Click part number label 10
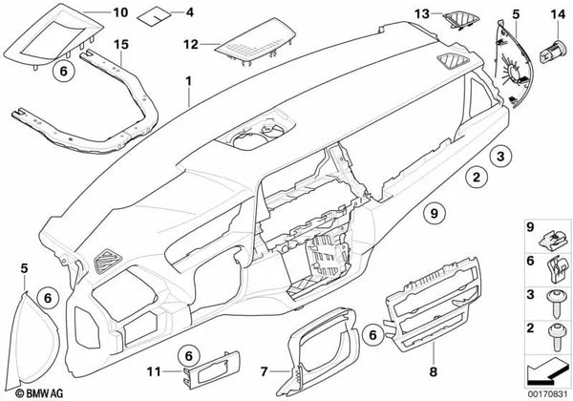click(x=120, y=12)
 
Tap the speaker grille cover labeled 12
click(x=256, y=42)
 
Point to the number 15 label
click(x=121, y=45)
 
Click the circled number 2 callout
click(x=477, y=178)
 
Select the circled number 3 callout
click(x=500, y=156)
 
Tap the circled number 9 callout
click(x=435, y=212)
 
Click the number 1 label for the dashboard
click(x=188, y=81)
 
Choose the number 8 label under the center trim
click(x=433, y=372)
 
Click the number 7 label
click(x=264, y=371)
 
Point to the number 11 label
click(x=154, y=371)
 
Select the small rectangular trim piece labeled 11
click(x=211, y=369)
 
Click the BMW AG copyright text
click(x=39, y=393)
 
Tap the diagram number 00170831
click(x=547, y=394)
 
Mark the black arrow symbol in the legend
click(x=547, y=372)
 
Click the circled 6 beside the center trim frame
click(x=372, y=335)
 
